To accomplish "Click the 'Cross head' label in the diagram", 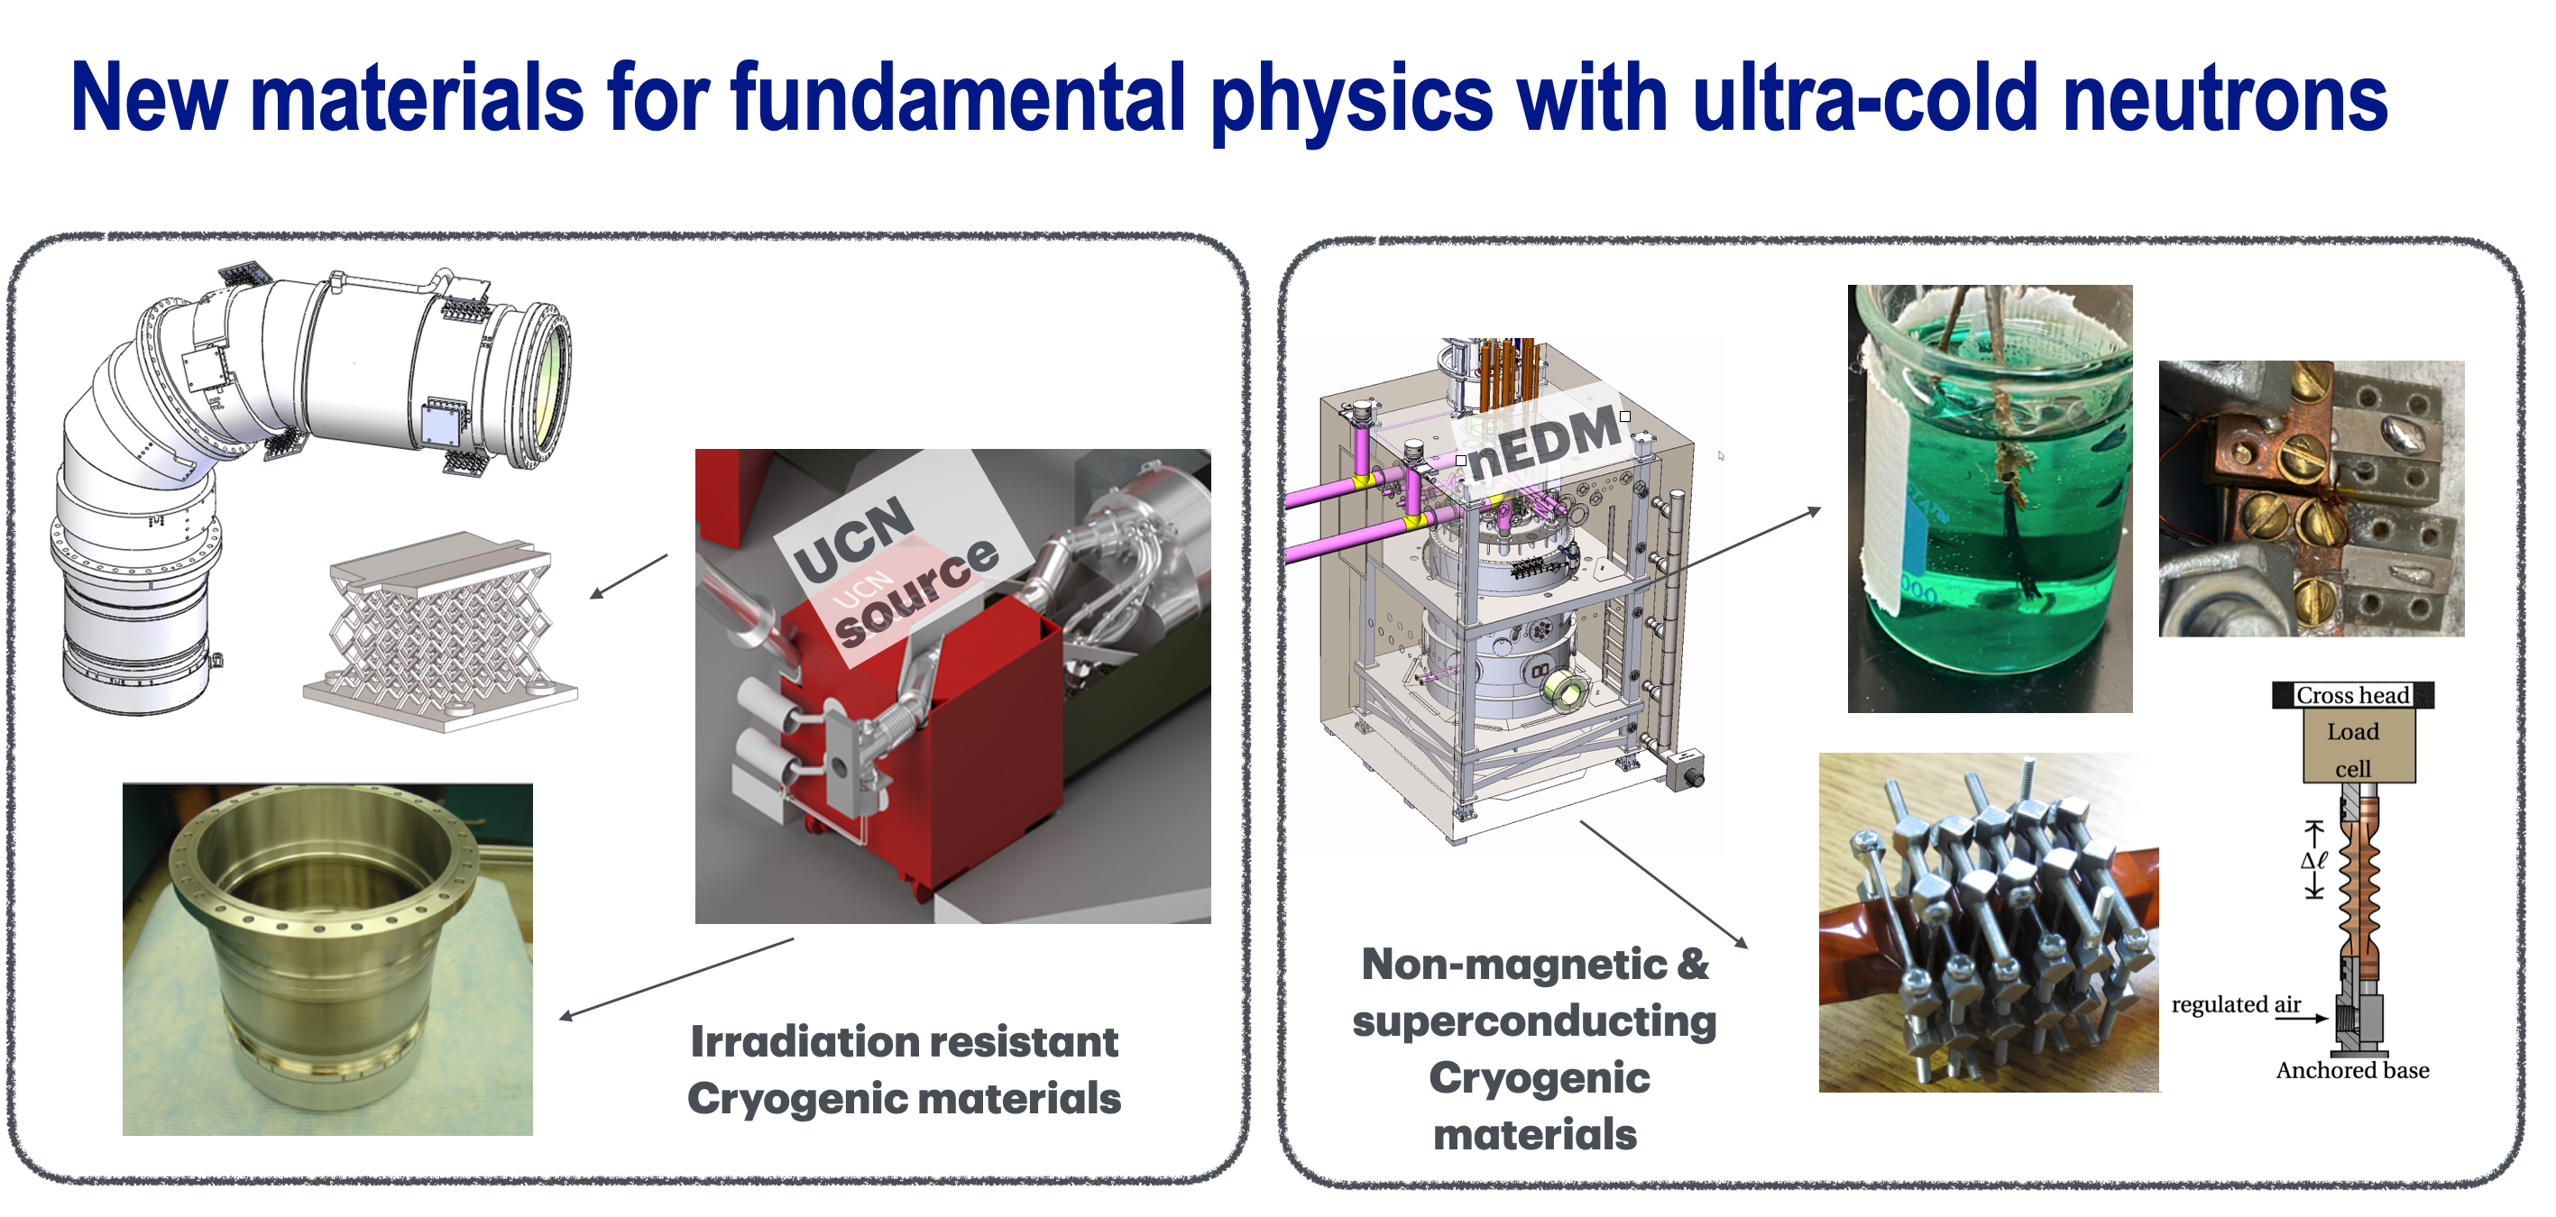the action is point(2352,694).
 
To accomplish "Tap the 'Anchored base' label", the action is point(2352,1069).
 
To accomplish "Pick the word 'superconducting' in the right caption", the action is point(1534,1021).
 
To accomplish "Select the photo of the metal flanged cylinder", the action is point(327,959).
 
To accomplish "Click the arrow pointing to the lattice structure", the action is point(629,576).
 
